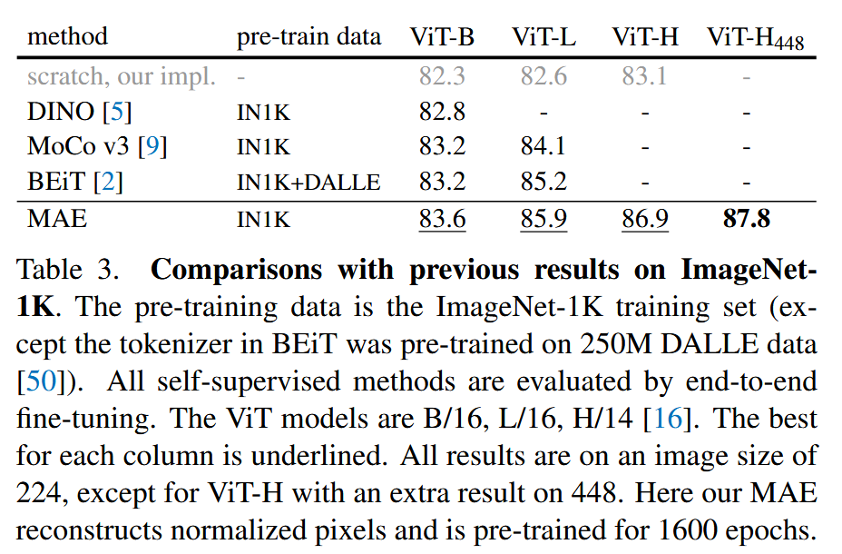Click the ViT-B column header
pyautogui.click(x=442, y=36)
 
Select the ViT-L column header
pyautogui.click(x=543, y=36)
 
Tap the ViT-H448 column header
pyautogui.click(x=755, y=38)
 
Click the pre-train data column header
pyautogui.click(x=308, y=37)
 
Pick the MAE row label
pyautogui.click(x=57, y=219)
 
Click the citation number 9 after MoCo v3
pyautogui.click(x=152, y=146)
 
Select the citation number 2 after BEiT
pyautogui.click(x=108, y=182)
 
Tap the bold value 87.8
pyautogui.click(x=747, y=219)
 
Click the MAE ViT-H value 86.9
pyautogui.click(x=645, y=219)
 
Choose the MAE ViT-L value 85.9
pyautogui.click(x=543, y=219)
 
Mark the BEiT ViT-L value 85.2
pyautogui.click(x=543, y=182)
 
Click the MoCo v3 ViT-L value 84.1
pyautogui.click(x=543, y=146)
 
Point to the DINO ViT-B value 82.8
pyautogui.click(x=442, y=112)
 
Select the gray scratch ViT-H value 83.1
pyautogui.click(x=644, y=75)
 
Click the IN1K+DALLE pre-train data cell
pyautogui.click(x=308, y=183)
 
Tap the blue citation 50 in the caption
pyautogui.click(x=42, y=381)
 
